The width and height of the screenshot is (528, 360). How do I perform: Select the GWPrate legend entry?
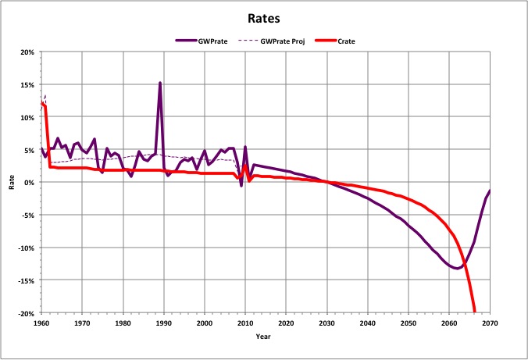209,41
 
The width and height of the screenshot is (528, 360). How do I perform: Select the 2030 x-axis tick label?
326,323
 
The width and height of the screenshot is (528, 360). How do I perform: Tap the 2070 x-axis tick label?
490,323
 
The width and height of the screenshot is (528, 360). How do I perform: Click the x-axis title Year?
266,337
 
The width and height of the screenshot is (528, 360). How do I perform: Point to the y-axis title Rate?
12,183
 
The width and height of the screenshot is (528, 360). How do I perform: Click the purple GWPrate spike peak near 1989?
160,83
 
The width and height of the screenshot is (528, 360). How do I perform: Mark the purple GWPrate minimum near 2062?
457,268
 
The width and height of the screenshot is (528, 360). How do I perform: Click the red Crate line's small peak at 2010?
245,165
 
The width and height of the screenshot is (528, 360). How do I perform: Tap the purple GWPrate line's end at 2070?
490,191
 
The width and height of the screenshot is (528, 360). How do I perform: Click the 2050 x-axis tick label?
408,323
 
